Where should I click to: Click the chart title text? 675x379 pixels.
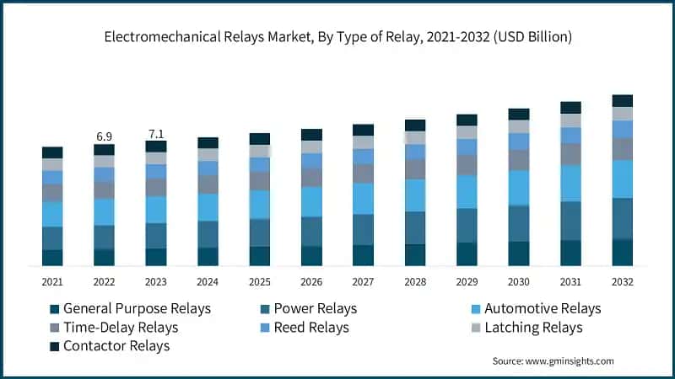337,37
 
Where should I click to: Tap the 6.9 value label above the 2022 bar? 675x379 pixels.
104,136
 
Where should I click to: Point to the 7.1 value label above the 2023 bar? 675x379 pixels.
156,133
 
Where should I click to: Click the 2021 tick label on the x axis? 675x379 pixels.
52,281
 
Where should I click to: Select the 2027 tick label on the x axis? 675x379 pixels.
363,281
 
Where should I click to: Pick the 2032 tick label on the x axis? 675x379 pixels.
622,281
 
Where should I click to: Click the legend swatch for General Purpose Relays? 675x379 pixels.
55,309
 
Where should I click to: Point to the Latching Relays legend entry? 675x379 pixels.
533,328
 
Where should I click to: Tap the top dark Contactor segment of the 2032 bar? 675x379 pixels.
623,101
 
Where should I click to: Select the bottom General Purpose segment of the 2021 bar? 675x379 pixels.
52,258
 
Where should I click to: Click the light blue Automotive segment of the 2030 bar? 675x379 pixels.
519,188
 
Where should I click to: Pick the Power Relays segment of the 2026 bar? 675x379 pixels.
311,231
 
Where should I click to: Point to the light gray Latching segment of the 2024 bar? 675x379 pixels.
208,154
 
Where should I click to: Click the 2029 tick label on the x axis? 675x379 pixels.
467,281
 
